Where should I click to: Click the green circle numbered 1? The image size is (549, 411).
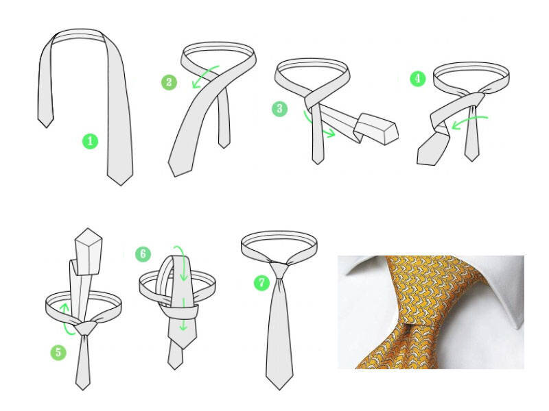click(x=90, y=141)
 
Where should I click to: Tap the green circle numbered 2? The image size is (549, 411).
click(x=169, y=82)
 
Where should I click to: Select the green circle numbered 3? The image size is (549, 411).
click(x=280, y=109)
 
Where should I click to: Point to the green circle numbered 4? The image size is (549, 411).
click(x=418, y=79)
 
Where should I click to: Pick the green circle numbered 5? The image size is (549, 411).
click(x=58, y=352)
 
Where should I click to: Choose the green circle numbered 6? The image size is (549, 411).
click(x=143, y=254)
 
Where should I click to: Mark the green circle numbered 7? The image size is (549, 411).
click(x=262, y=283)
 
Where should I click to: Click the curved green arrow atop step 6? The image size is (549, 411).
click(x=181, y=260)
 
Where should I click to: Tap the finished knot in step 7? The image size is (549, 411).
click(x=279, y=269)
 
